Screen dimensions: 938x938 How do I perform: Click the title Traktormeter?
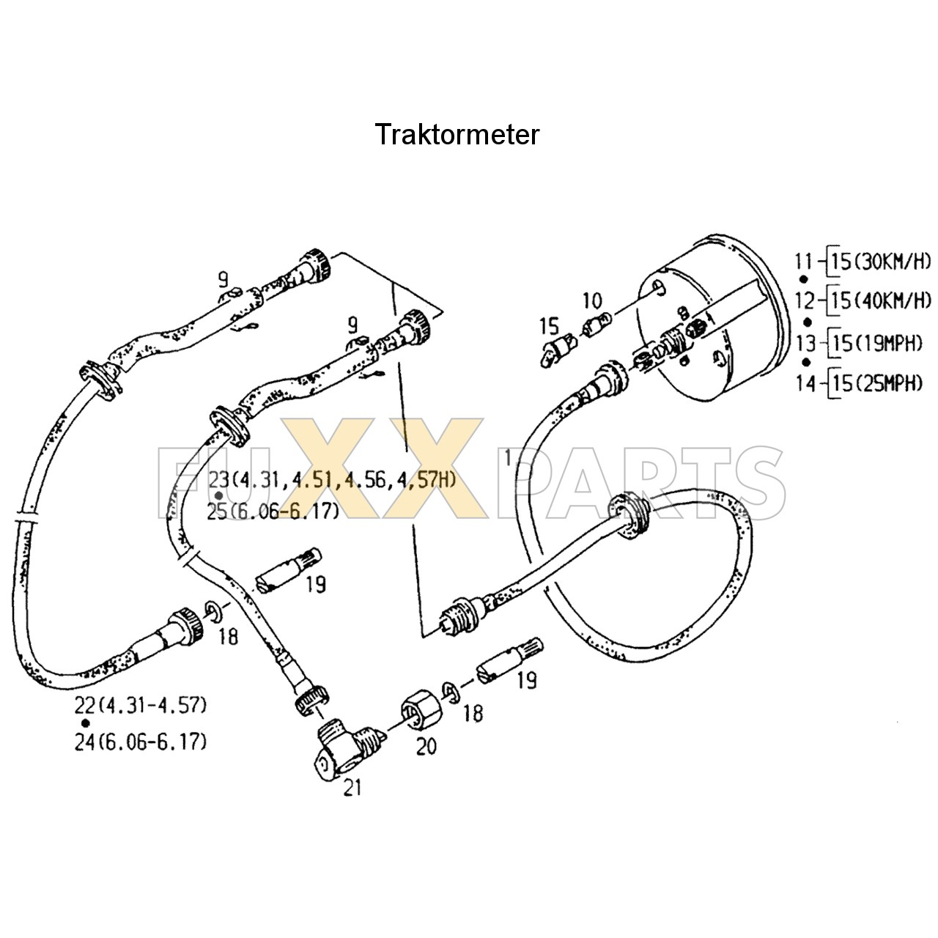coord(457,135)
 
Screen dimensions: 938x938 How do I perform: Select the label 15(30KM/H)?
coord(882,260)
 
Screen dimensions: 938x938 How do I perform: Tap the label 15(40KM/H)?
coord(882,300)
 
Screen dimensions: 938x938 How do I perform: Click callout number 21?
coord(352,789)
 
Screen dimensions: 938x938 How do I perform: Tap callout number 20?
coord(426,746)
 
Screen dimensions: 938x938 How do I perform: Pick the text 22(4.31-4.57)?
coord(141,706)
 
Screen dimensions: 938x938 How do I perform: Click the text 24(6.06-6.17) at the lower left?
coord(141,742)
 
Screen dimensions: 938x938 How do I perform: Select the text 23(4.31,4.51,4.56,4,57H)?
coord(332,480)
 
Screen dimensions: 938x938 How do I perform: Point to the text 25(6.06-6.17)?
coord(273,512)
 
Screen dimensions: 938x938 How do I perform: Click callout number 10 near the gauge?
coord(592,300)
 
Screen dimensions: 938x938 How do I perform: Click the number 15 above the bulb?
coord(549,325)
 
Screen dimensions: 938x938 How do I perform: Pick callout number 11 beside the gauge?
coord(804,260)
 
